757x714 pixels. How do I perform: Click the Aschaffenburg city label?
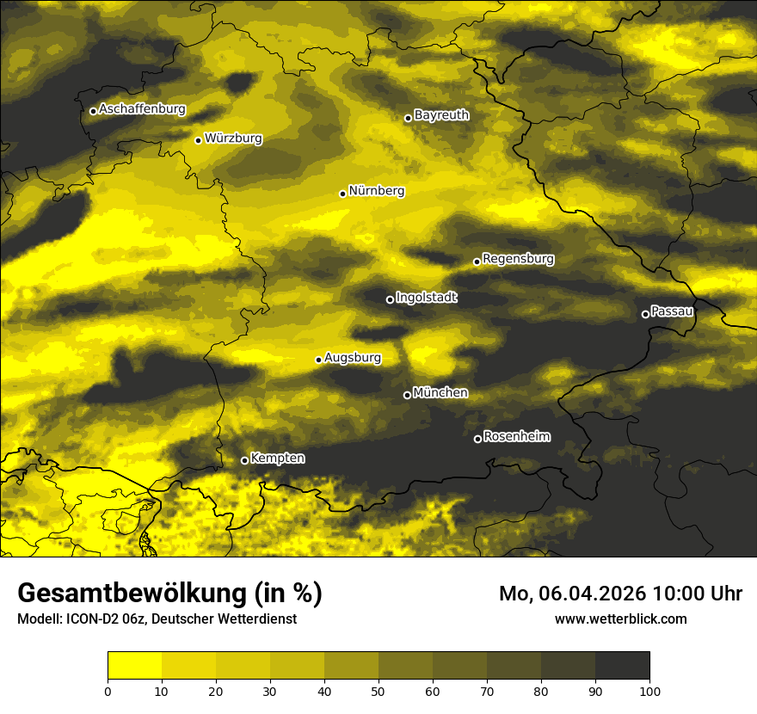tap(142, 109)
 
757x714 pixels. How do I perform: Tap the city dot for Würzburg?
tap(198, 140)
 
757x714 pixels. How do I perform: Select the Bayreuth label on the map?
tap(441, 114)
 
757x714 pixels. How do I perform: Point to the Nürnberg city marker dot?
tap(342, 194)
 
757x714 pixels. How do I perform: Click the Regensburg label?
tap(518, 258)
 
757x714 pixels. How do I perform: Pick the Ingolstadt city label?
tap(427, 297)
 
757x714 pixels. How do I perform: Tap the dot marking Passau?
tap(645, 314)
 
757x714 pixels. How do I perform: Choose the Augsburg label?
tap(353, 357)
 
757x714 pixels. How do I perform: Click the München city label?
tap(440, 392)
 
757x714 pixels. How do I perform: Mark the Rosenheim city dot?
tap(477, 440)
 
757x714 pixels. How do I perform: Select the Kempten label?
tap(277, 458)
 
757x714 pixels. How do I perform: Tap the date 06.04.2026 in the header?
tap(593, 594)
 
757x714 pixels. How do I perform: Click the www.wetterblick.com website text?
tap(620, 619)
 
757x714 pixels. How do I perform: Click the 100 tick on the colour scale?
tap(649, 690)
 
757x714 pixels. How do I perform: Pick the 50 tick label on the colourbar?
tap(378, 690)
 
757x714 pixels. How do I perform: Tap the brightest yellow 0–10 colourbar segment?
tap(134, 666)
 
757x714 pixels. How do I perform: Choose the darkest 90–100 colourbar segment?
tap(622, 666)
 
